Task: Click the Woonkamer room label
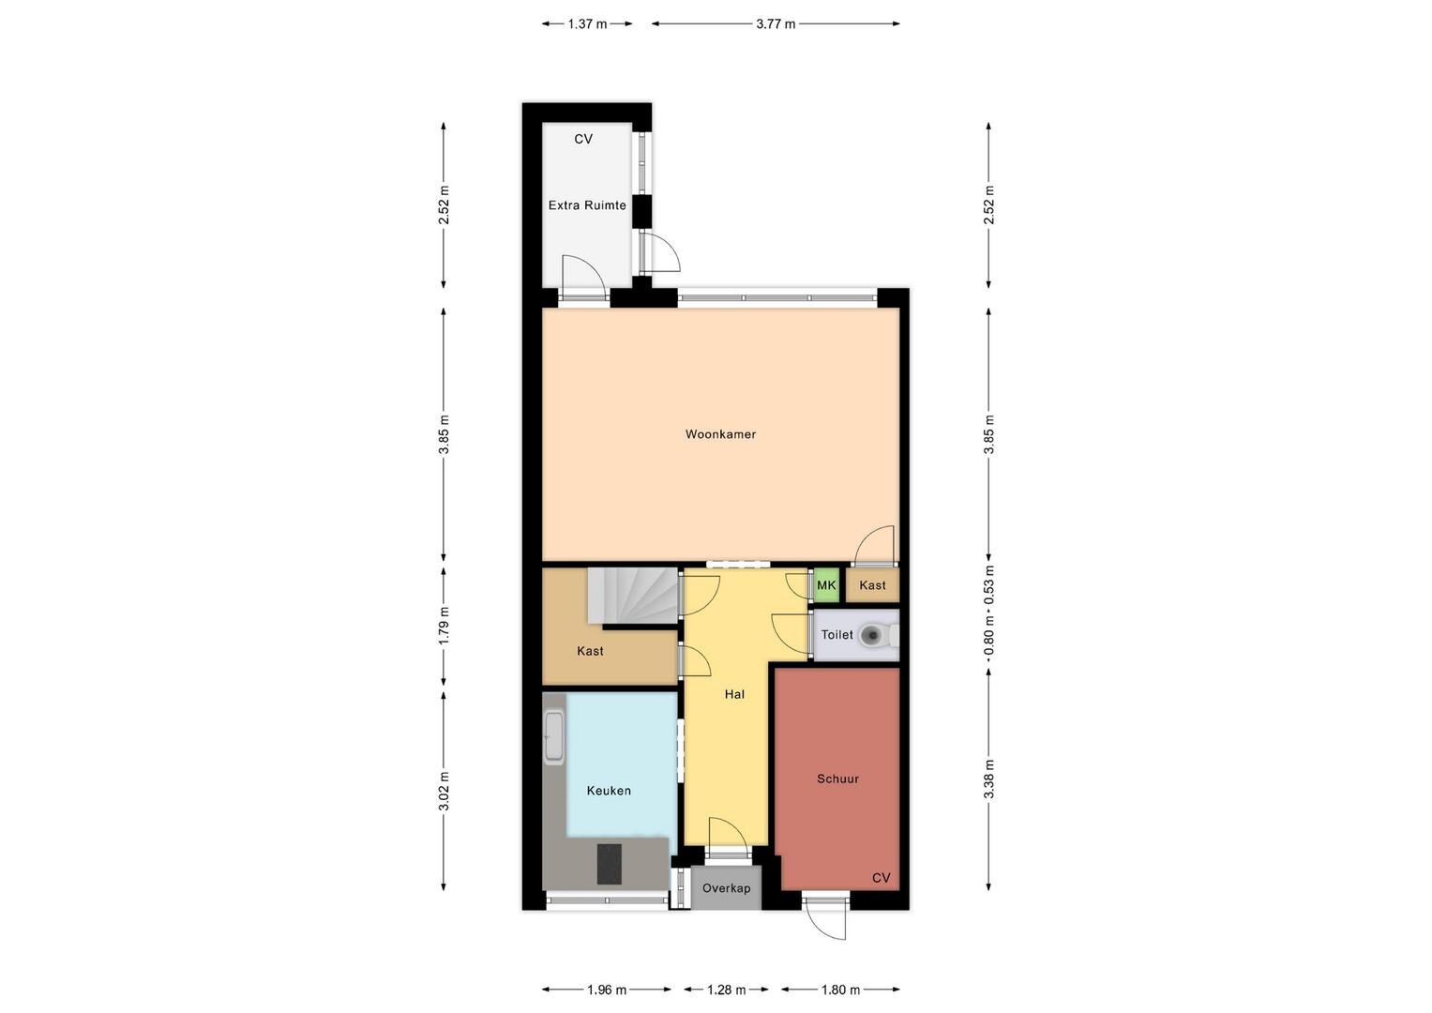coord(720,434)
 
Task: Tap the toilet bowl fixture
coord(878,635)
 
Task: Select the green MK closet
coord(826,585)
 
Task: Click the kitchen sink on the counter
coord(553,737)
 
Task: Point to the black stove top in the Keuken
coord(610,864)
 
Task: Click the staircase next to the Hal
coord(633,596)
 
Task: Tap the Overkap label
coord(726,888)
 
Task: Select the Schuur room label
coord(837,779)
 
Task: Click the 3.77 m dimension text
coord(776,24)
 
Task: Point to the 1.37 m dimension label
coord(587,24)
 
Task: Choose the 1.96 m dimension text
coord(607,990)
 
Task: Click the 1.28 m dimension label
coord(726,990)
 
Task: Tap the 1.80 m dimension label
coord(840,990)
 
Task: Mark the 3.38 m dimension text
coord(989,779)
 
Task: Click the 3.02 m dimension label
coord(444,791)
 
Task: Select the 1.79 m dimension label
coord(444,626)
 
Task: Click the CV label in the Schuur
coord(881,878)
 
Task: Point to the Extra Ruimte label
coord(587,205)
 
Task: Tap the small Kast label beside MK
coord(873,585)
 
